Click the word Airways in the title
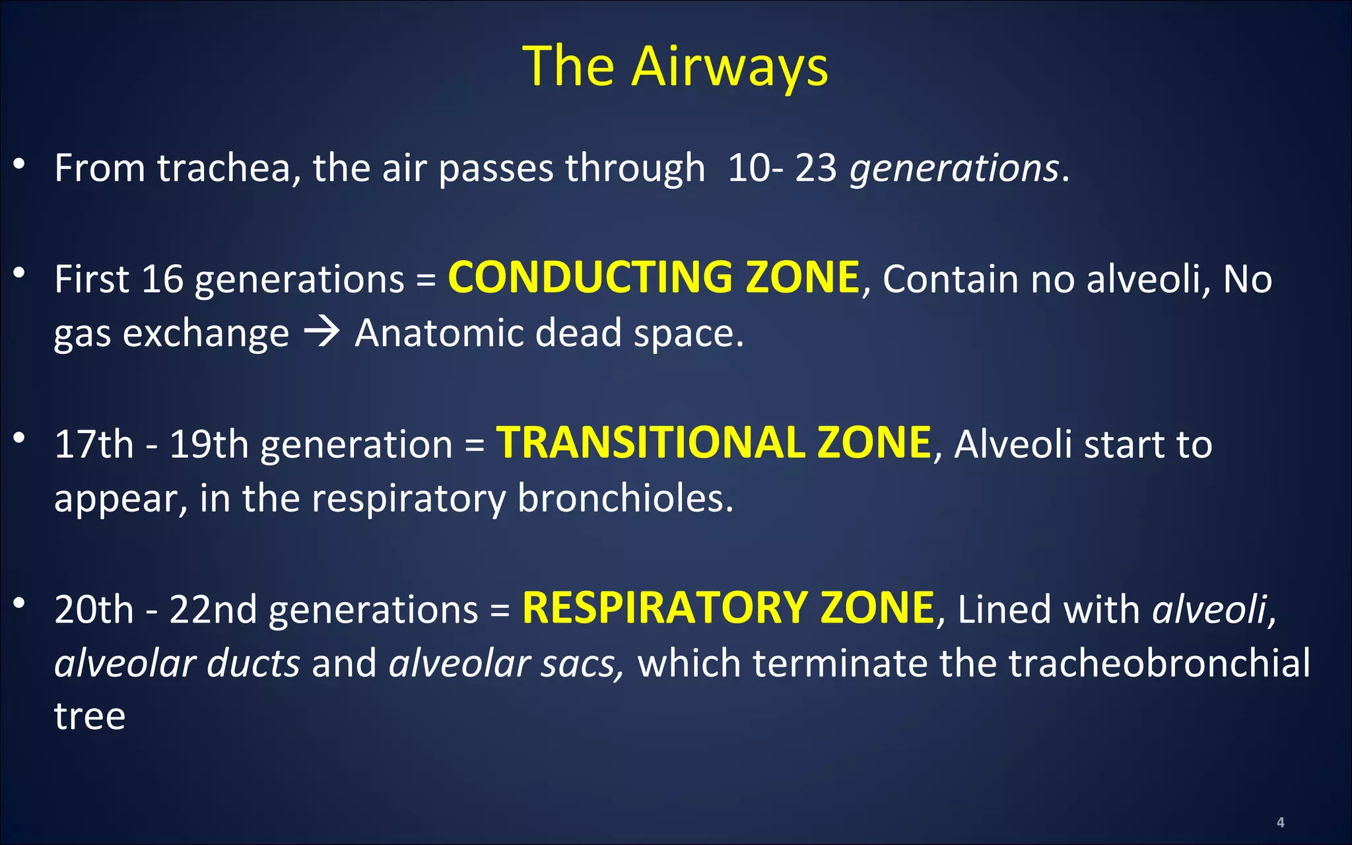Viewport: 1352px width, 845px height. click(x=729, y=67)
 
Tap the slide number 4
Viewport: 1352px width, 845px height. click(x=1280, y=822)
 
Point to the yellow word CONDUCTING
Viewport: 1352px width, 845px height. click(x=590, y=277)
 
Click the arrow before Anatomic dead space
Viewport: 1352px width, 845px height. click(x=321, y=331)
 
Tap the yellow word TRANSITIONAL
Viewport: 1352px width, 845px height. click(x=650, y=442)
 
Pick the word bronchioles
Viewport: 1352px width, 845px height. click(x=625, y=498)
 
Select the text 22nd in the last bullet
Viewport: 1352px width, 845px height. click(x=213, y=609)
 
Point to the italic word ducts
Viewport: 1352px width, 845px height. click(x=253, y=663)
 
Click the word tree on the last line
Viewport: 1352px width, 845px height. click(x=90, y=716)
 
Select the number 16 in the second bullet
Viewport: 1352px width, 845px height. click(x=162, y=279)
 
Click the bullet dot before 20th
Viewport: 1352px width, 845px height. click(x=19, y=602)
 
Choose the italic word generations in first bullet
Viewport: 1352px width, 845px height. click(x=954, y=168)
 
